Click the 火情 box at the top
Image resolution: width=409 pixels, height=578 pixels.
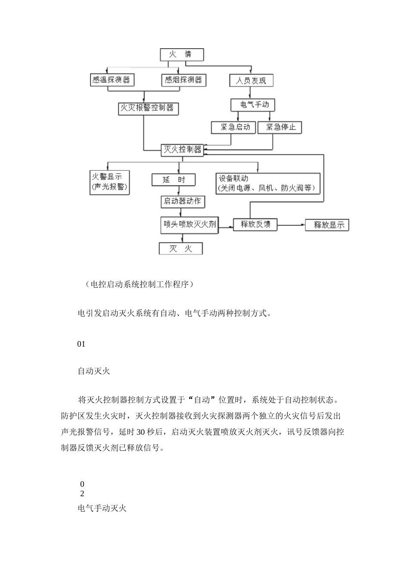(182, 55)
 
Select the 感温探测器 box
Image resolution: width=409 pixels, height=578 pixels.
(112, 80)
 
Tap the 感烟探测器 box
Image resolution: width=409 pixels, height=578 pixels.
(184, 80)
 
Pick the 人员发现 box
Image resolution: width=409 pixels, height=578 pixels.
(251, 80)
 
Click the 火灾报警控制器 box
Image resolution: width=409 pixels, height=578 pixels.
(148, 109)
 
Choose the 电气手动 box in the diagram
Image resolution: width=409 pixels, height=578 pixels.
(253, 105)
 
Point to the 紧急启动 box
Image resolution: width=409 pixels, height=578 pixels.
(233, 127)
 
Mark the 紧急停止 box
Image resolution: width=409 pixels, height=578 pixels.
(279, 127)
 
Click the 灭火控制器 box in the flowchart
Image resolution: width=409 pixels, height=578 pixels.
(183, 150)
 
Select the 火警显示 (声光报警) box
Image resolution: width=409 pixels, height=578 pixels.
(109, 182)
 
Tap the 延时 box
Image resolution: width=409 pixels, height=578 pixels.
(174, 180)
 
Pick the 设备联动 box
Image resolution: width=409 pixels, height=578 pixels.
(268, 184)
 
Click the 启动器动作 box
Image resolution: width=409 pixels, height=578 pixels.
(183, 202)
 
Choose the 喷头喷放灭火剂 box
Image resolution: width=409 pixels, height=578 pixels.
(189, 225)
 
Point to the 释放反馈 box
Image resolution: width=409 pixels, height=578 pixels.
(255, 224)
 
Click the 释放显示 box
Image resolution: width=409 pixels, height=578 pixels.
(327, 225)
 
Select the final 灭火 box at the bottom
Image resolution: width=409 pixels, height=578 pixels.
(181, 249)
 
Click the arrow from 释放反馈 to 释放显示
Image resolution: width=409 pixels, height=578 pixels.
(291, 225)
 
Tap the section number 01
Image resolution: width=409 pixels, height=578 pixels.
(81, 344)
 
